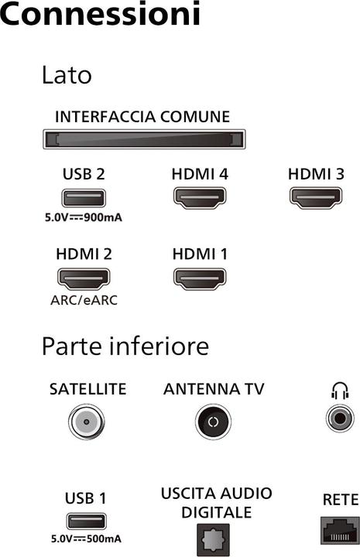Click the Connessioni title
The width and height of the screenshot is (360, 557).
point(101,15)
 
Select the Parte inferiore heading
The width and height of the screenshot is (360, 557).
point(125,346)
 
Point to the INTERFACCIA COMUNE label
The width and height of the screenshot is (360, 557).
point(142,118)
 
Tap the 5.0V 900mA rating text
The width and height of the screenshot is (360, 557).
point(83,217)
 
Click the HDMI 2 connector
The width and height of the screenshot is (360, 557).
point(84,278)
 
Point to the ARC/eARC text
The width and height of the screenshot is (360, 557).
point(84,299)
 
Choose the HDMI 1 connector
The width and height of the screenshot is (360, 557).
point(200,278)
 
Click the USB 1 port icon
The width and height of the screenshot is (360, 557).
point(84,521)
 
